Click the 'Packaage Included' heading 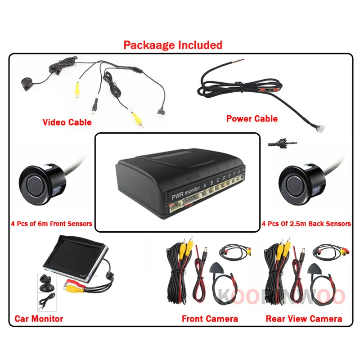pyautogui.click(x=173, y=45)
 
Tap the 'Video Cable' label pyautogui.click(x=67, y=122)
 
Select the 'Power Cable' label pyautogui.click(x=252, y=119)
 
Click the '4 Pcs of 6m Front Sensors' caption pyautogui.click(x=51, y=224)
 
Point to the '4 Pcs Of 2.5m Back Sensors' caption pyautogui.click(x=306, y=224)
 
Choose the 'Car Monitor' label pyautogui.click(x=39, y=319)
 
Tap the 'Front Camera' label pyautogui.click(x=210, y=319)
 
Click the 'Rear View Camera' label pyautogui.click(x=304, y=319)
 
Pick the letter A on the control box pyautogui.click(x=205, y=184)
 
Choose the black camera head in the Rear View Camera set pyautogui.click(x=315, y=268)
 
